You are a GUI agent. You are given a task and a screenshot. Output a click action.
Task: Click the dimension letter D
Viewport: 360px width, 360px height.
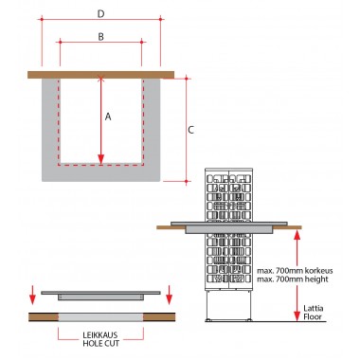100,14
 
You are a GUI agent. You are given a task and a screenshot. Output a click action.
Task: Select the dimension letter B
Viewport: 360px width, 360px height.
100,37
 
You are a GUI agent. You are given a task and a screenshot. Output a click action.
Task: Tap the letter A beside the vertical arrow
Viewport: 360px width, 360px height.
108,117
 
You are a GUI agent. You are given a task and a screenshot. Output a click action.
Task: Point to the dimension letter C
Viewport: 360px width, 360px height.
190,130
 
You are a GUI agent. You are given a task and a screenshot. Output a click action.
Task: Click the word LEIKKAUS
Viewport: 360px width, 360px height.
99,335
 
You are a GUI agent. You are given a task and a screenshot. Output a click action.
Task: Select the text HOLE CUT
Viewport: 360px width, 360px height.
101,343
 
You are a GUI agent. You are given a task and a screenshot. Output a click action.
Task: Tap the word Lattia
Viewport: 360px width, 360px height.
314,308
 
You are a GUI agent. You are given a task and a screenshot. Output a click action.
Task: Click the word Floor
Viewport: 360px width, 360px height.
313,316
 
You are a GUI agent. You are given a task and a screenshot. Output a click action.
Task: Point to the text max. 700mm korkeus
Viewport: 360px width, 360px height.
295,271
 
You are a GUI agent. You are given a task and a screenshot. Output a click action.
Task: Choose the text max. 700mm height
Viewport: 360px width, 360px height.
293,279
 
